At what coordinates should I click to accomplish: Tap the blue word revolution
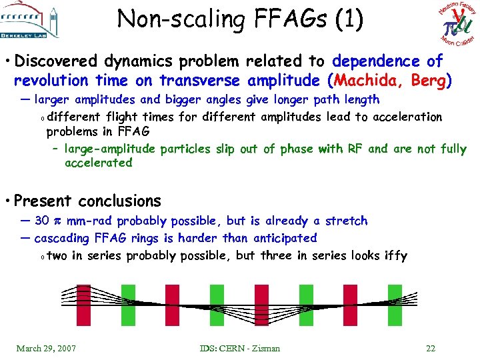coord(51,81)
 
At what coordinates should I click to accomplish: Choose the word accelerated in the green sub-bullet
coord(99,163)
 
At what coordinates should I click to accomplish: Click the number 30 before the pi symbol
coord(41,221)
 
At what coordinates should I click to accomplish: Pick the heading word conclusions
coord(120,201)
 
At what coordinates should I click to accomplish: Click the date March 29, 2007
coord(46,348)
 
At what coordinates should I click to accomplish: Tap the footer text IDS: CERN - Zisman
coord(239,348)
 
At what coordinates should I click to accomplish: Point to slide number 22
coord(431,348)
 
